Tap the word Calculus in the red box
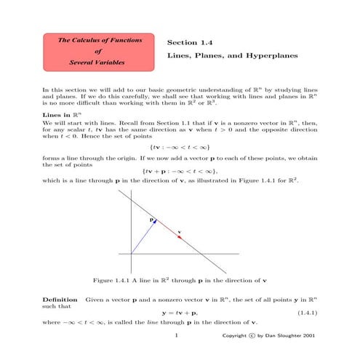click(87, 39)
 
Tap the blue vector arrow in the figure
click(143, 237)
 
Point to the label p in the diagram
click(151, 217)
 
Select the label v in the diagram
click(180, 233)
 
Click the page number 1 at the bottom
click(177, 337)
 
